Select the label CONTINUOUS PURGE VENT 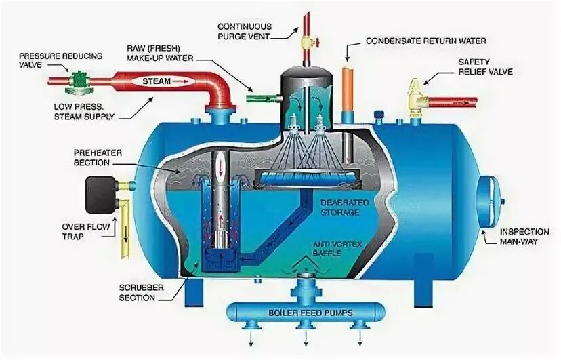pyautogui.click(x=245, y=31)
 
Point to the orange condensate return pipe pyautogui.click(x=348, y=87)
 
